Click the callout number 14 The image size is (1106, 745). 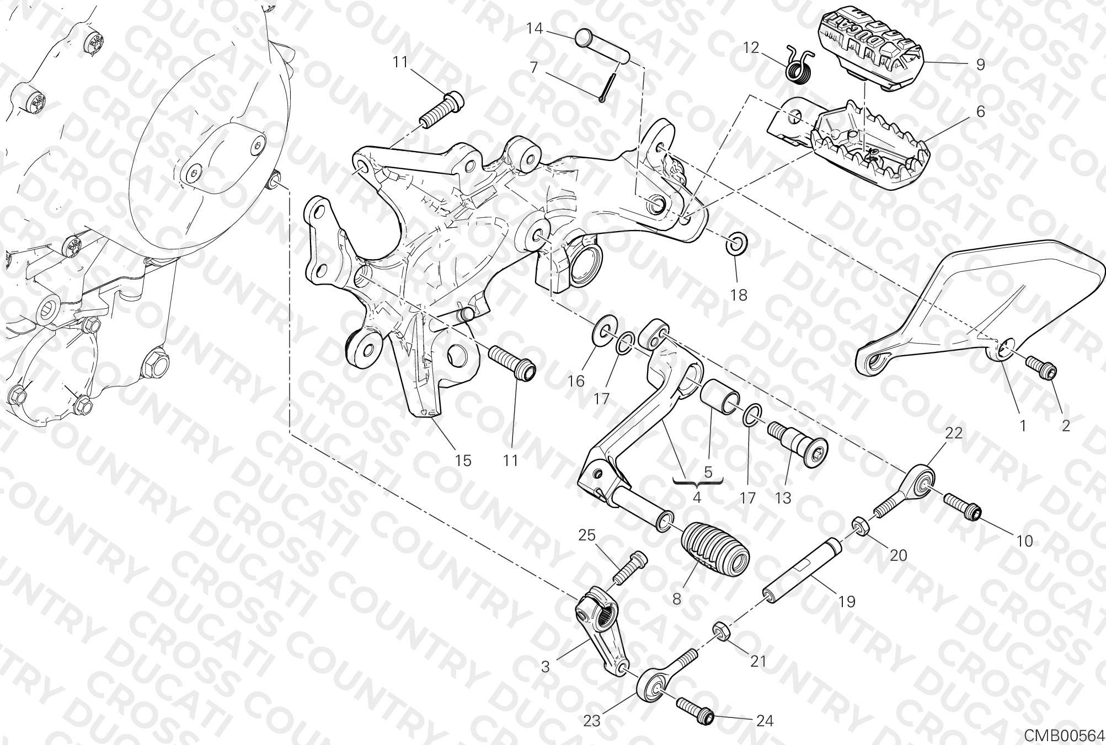click(535, 28)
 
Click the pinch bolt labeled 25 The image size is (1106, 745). click(629, 569)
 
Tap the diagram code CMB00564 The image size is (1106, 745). click(1065, 736)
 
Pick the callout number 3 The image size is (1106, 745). click(545, 667)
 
